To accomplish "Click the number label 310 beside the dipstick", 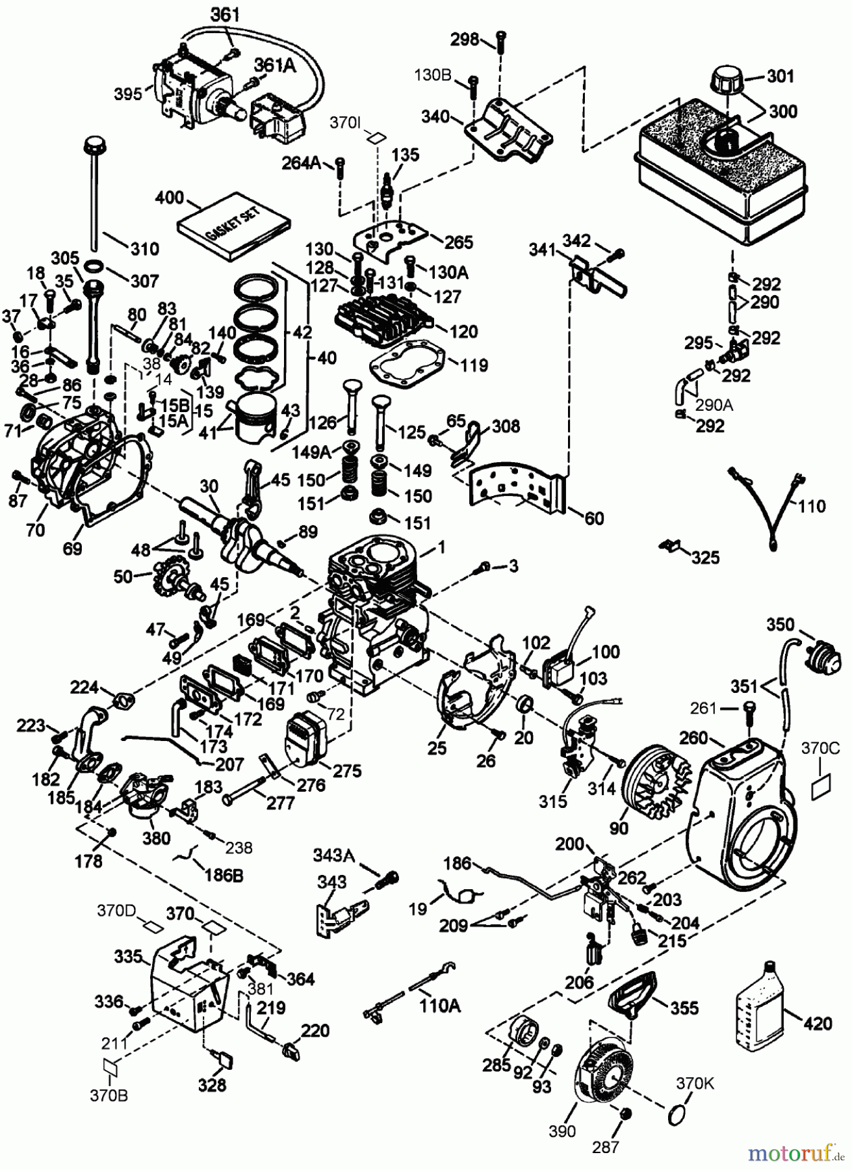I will [x=144, y=249].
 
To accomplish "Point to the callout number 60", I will [x=594, y=518].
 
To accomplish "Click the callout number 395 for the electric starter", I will [x=127, y=94].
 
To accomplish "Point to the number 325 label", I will [x=705, y=557].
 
